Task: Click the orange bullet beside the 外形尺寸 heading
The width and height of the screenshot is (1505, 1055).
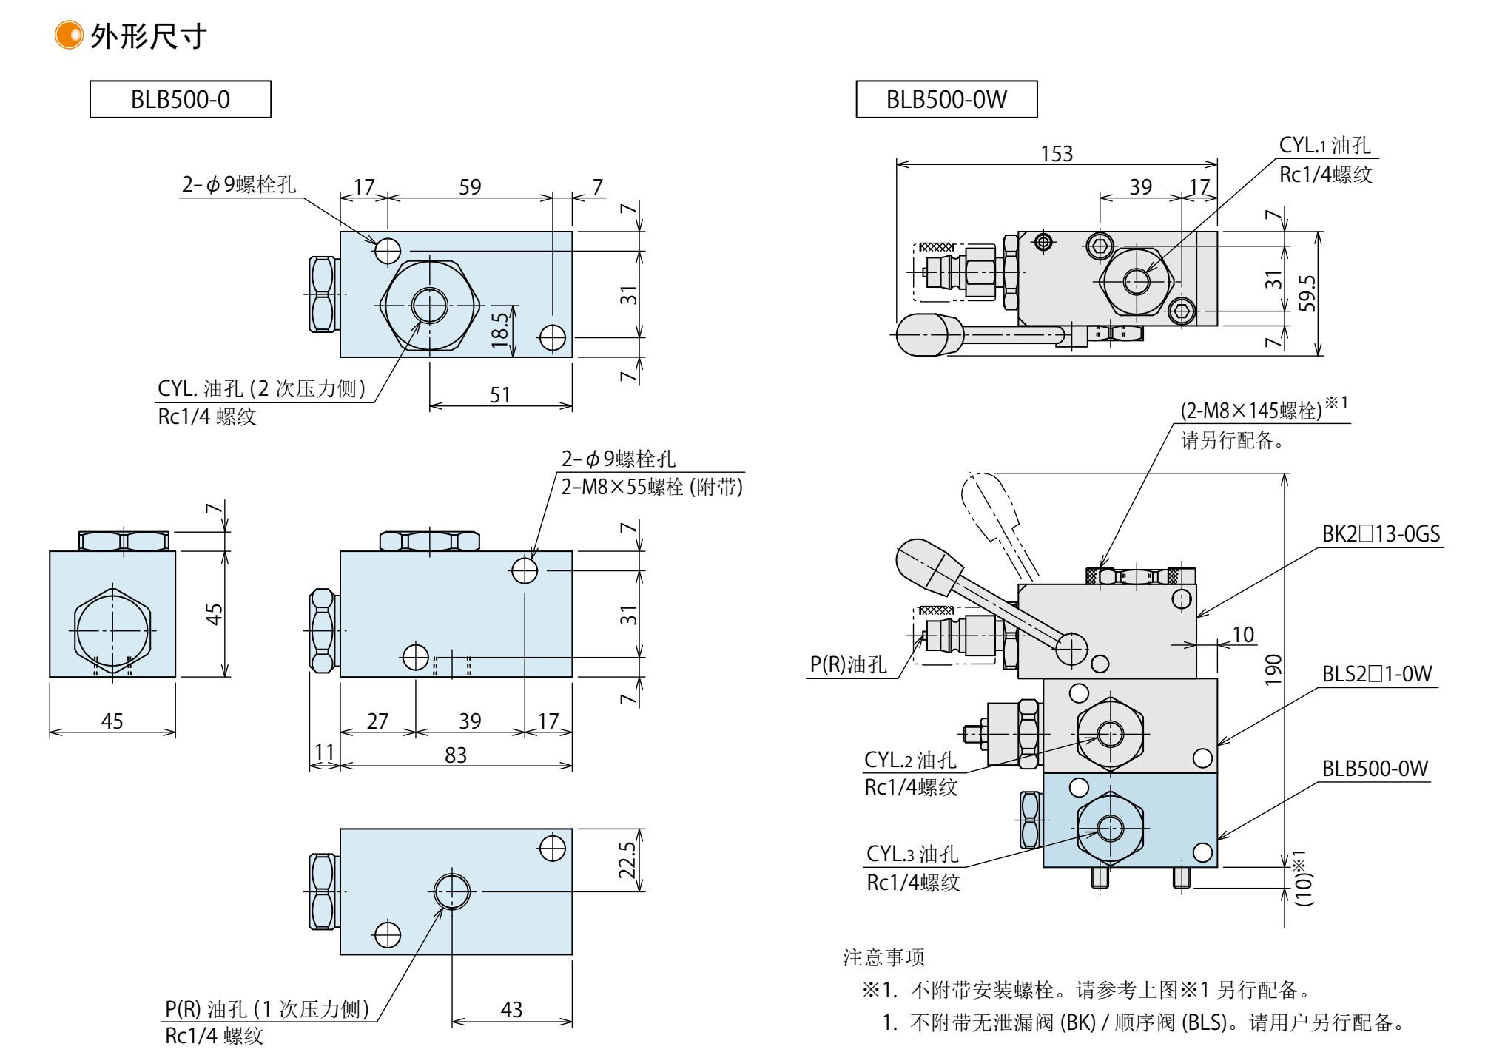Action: pyautogui.click(x=69, y=35)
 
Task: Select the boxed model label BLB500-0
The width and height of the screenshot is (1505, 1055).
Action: pyautogui.click(x=180, y=99)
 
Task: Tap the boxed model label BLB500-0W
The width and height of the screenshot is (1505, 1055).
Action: pyautogui.click(x=946, y=99)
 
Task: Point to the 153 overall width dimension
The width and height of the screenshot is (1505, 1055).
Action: pyautogui.click(x=1056, y=153)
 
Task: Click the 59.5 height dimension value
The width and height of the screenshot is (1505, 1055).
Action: pyautogui.click(x=1307, y=293)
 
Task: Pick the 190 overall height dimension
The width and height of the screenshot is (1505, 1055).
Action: pyautogui.click(x=1273, y=670)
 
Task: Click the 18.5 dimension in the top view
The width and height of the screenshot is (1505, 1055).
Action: pyautogui.click(x=500, y=329)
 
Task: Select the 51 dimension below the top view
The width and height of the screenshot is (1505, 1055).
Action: pyautogui.click(x=500, y=395)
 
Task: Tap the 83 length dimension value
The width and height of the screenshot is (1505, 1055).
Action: pyautogui.click(x=456, y=755)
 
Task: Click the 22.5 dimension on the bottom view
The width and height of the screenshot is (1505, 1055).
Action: pyautogui.click(x=627, y=860)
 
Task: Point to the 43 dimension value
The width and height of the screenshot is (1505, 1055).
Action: pyautogui.click(x=511, y=1010)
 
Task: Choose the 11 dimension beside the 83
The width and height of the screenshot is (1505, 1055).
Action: pyautogui.click(x=324, y=752)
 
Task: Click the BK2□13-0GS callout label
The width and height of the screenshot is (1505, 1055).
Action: pyautogui.click(x=1381, y=534)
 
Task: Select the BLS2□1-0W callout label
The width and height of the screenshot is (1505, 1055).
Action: pyautogui.click(x=1377, y=674)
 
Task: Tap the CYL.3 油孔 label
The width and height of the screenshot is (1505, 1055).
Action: pyautogui.click(x=912, y=855)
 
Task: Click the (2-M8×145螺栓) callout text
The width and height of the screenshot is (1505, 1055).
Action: pyautogui.click(x=1250, y=411)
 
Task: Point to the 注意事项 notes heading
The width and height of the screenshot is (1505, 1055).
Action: pyautogui.click(x=883, y=957)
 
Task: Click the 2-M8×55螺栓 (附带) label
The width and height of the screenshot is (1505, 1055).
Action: pyautogui.click(x=651, y=487)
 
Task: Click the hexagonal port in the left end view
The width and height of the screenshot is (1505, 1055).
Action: pyautogui.click(x=112, y=630)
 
